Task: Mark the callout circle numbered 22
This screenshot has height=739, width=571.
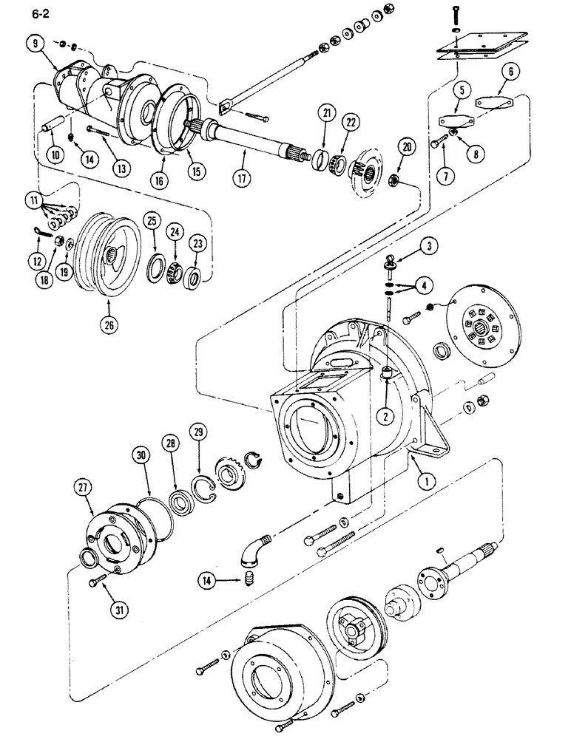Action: click(x=350, y=121)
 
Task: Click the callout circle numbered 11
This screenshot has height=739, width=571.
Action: click(x=32, y=200)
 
